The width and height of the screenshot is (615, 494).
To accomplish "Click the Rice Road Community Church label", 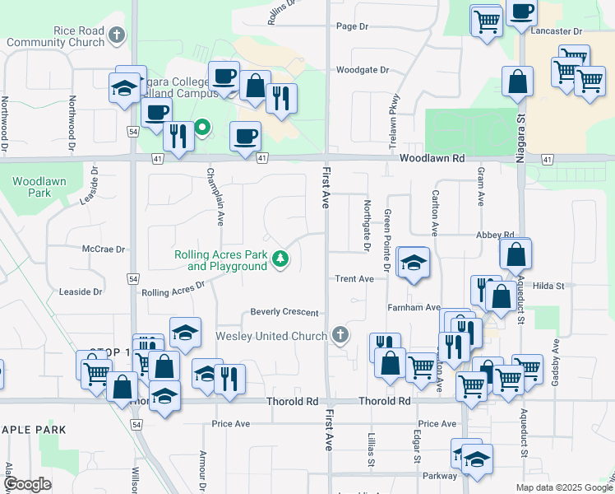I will coord(55,36).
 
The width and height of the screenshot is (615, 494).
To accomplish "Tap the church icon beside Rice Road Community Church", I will coord(118,35).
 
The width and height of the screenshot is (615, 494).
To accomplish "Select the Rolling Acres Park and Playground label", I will coord(220,261).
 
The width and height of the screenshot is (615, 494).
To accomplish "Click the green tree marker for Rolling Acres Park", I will coord(281,259).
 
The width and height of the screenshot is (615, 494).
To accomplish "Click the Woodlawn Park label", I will coord(32,186).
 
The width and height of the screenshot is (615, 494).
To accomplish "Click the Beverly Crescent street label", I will coord(284,313).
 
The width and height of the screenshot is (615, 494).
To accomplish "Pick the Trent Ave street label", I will coord(354,279).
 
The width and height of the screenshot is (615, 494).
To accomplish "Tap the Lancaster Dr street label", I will coord(557,30).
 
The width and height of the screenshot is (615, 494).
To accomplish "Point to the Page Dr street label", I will coord(352,26).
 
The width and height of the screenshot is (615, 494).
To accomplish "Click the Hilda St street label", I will coord(548,286).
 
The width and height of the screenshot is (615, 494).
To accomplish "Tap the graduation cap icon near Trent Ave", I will coord(413,263).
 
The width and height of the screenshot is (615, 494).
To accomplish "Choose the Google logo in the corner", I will coord(27,484).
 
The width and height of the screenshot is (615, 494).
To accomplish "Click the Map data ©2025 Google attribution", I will coord(563,487).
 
